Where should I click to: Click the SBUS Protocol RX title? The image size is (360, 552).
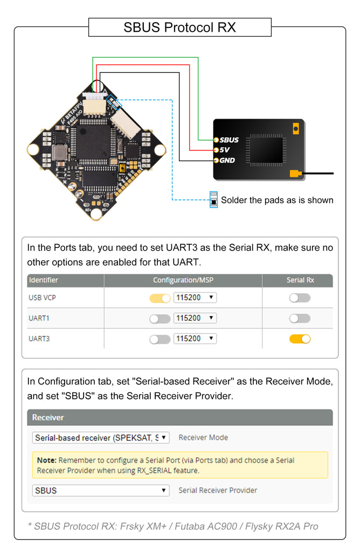pyautogui.click(x=179, y=27)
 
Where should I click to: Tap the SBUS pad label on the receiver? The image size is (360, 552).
pyautogui.click(x=229, y=140)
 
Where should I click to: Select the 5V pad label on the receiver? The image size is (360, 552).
pyautogui.click(x=225, y=150)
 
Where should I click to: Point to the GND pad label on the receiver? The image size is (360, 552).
pyautogui.click(x=227, y=160)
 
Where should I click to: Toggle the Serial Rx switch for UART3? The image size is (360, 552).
pyautogui.click(x=300, y=339)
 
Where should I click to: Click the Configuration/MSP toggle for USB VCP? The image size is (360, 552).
pyautogui.click(x=160, y=298)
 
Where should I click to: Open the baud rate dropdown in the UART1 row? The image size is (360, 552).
pyautogui.click(x=195, y=319)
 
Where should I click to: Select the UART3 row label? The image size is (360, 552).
pyautogui.click(x=39, y=339)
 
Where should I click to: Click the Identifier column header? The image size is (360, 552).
pyautogui.click(x=44, y=280)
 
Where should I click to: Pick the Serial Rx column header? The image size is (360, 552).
pyautogui.click(x=300, y=280)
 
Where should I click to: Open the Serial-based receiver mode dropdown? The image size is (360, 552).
pyautogui.click(x=101, y=438)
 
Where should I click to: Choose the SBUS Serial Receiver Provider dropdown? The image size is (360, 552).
pyautogui.click(x=101, y=491)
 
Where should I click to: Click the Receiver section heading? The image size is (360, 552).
pyautogui.click(x=48, y=417)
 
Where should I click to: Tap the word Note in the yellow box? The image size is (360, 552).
pyautogui.click(x=46, y=460)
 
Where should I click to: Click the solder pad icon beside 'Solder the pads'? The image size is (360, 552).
pyautogui.click(x=213, y=199)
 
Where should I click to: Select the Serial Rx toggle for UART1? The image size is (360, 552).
pyautogui.click(x=300, y=319)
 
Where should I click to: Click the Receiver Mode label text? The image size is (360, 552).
pyautogui.click(x=203, y=438)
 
